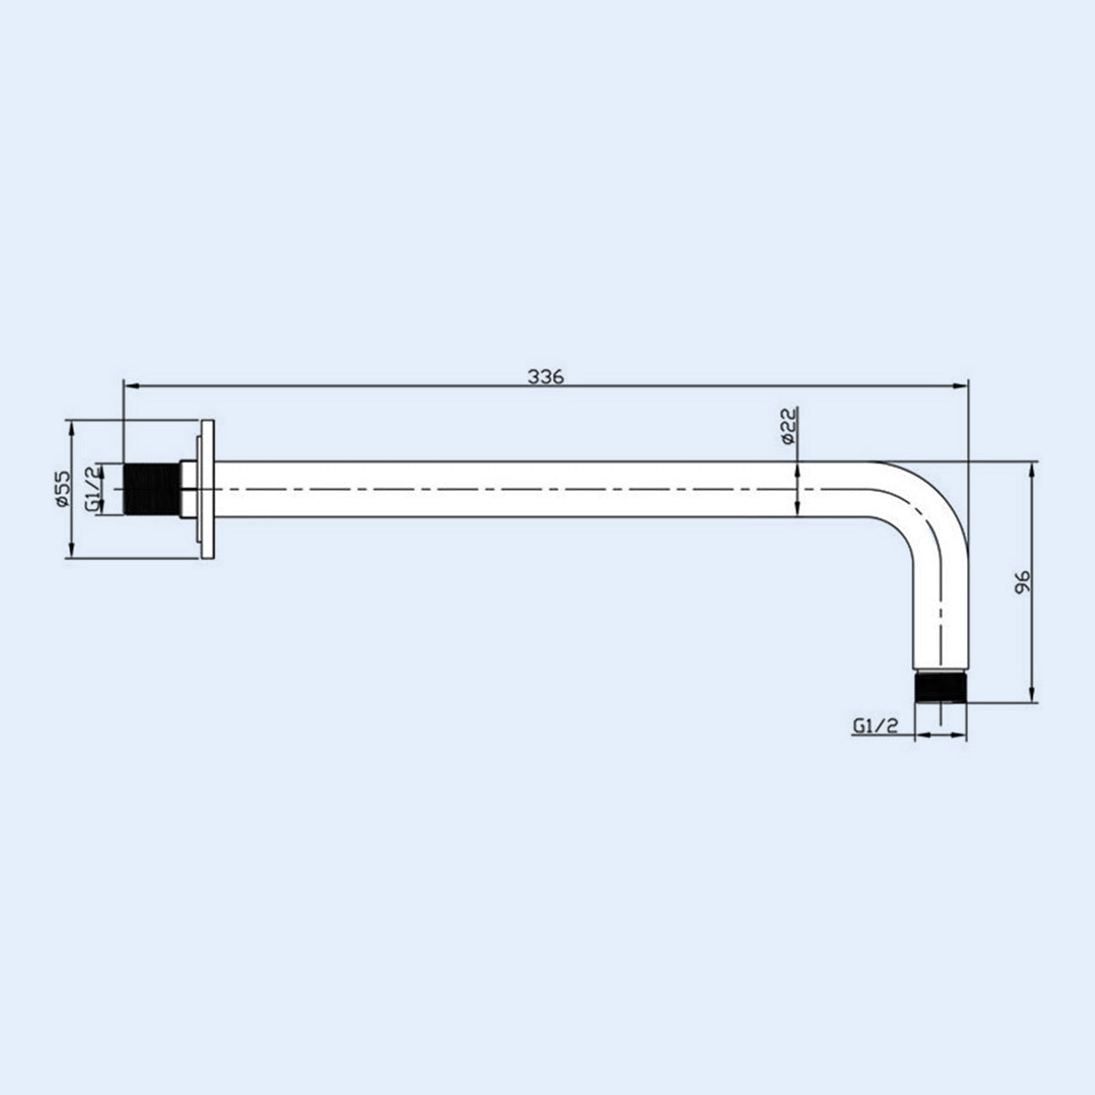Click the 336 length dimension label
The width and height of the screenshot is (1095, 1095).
[547, 376]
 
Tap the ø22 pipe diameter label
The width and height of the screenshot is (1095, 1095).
[789, 425]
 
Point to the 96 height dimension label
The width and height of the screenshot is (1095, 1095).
[1022, 582]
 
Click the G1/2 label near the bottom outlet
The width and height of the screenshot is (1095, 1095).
[877, 725]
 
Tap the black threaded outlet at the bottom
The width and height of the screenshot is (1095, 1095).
[940, 688]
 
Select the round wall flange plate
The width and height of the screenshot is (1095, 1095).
[206, 489]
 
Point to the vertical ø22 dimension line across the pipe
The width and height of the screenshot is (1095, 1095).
[798, 490]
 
